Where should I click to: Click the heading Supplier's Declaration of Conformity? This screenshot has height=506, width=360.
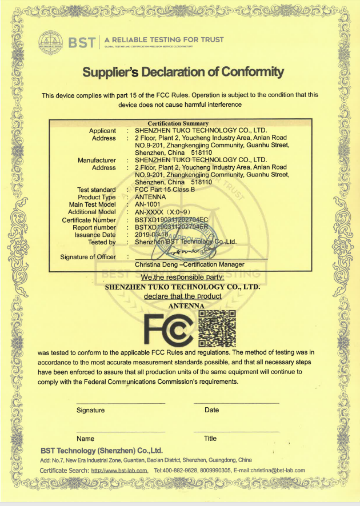(x=183, y=72)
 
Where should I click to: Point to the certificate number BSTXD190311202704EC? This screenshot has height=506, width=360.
(x=171, y=220)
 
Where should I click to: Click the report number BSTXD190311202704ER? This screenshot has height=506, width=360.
(x=171, y=227)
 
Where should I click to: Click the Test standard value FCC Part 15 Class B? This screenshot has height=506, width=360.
(x=165, y=190)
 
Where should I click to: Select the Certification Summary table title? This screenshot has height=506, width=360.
(x=178, y=123)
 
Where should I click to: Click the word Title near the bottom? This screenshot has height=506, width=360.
(x=210, y=439)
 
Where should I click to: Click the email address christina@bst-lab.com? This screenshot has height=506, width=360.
(x=273, y=470)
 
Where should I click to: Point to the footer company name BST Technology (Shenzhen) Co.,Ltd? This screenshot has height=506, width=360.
(x=102, y=450)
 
